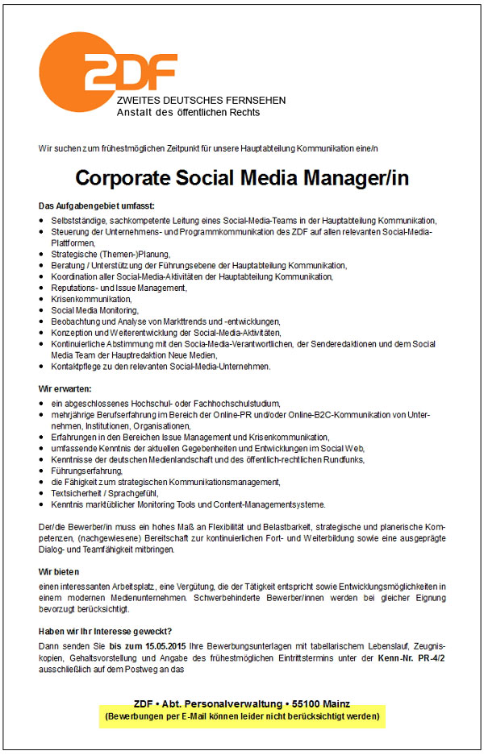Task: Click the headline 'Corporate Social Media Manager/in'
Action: tap(242, 178)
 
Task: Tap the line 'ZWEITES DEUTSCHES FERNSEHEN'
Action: tap(201, 100)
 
